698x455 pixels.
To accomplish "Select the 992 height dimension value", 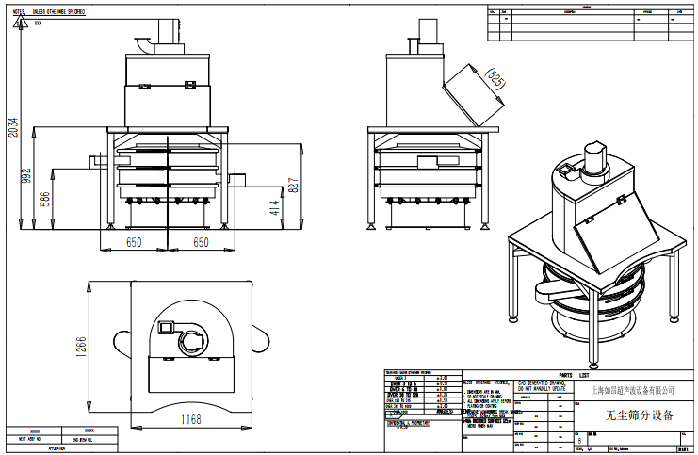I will pos(27,174).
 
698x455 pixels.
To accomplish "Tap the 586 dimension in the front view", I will pos(43,200).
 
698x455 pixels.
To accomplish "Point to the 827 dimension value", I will pos(294,185).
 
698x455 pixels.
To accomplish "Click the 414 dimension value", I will pos(274,207).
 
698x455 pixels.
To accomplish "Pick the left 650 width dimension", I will pos(134,243).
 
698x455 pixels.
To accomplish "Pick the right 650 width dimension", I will pos(201,243).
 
